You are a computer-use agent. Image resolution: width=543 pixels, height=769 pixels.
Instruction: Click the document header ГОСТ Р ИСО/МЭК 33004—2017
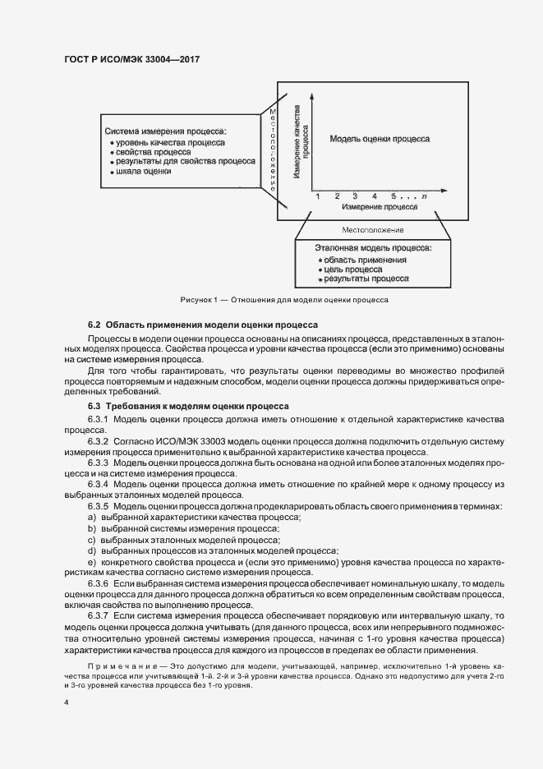coord(131,59)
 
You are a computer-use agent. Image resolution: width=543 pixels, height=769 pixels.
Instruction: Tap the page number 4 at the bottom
coord(66,704)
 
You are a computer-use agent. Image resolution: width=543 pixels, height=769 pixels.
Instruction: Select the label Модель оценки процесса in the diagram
coord(380,139)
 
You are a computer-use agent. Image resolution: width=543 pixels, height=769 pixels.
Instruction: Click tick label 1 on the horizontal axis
coord(316,197)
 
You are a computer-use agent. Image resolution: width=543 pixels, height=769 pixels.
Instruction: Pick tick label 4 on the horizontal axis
coord(374,197)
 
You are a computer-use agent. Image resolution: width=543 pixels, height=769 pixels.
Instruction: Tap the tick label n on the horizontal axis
coord(424,197)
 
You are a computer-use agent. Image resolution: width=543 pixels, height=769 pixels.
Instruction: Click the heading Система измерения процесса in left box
coord(166,131)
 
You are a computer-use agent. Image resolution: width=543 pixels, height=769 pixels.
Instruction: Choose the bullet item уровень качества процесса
coord(170,142)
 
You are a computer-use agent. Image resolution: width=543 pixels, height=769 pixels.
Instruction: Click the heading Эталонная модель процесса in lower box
coord(374,246)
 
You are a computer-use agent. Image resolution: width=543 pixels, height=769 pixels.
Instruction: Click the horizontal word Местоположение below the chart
coord(373,230)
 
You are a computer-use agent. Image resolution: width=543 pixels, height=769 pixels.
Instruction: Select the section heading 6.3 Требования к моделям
coord(188,405)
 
